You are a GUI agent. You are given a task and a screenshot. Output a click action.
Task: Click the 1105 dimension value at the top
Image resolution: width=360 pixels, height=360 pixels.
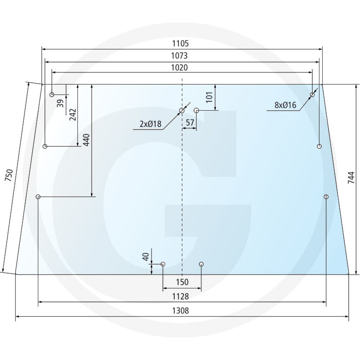pyautogui.click(x=180, y=43)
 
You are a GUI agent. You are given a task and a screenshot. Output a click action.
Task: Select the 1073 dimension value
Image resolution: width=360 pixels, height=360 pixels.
pyautogui.click(x=179, y=55)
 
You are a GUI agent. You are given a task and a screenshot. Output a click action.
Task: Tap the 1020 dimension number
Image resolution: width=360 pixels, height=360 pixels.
pyautogui.click(x=179, y=67)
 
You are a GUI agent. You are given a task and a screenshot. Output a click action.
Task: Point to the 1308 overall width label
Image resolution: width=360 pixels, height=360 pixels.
pyautogui.click(x=180, y=310)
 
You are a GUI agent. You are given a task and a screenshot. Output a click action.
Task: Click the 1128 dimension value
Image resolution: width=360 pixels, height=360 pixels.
pyautogui.click(x=180, y=297)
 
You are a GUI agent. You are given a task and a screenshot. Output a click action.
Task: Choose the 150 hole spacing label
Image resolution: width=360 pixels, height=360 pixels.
pyautogui.click(x=182, y=282)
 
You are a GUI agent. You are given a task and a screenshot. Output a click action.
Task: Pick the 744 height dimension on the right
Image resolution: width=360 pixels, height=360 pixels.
pyautogui.click(x=351, y=177)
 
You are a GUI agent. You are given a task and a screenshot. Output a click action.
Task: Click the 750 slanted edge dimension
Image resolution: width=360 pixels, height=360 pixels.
pyautogui.click(x=9, y=175)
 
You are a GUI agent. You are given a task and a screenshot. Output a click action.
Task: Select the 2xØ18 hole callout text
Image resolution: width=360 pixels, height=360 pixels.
pyautogui.click(x=150, y=124)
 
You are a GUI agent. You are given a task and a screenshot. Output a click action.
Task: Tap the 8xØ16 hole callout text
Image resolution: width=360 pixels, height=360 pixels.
pyautogui.click(x=285, y=105)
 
